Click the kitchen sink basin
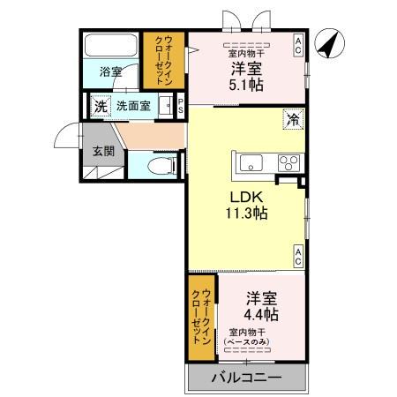point(249,161)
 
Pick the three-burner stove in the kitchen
point(288,161)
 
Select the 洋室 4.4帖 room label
point(262,305)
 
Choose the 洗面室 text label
point(135,105)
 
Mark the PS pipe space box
point(181,105)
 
